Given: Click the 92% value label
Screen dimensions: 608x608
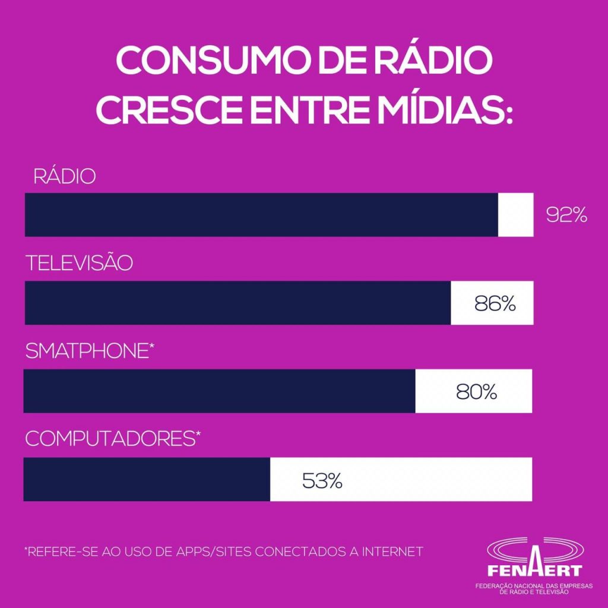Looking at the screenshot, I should click(566, 215).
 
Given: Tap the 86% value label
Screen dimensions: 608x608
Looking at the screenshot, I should click(495, 303).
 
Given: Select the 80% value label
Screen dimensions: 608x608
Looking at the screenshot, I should click(476, 392).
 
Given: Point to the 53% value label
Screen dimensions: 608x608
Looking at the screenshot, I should click(322, 480).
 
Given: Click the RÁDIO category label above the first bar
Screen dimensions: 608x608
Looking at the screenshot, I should click(64, 177).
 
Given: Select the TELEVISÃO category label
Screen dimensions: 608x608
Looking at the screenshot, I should click(79, 264).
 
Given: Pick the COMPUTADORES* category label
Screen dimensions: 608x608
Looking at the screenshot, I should click(113, 439).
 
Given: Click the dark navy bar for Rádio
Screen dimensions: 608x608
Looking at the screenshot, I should click(261, 215).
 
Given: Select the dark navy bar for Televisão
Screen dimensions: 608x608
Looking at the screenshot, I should click(237, 303).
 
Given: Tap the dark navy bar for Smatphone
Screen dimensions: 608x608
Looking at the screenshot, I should click(220, 391).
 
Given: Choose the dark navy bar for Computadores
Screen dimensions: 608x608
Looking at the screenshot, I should click(147, 479).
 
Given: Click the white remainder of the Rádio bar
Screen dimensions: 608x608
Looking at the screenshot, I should click(515, 215).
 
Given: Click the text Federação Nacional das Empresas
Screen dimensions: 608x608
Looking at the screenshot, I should click(535, 586).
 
